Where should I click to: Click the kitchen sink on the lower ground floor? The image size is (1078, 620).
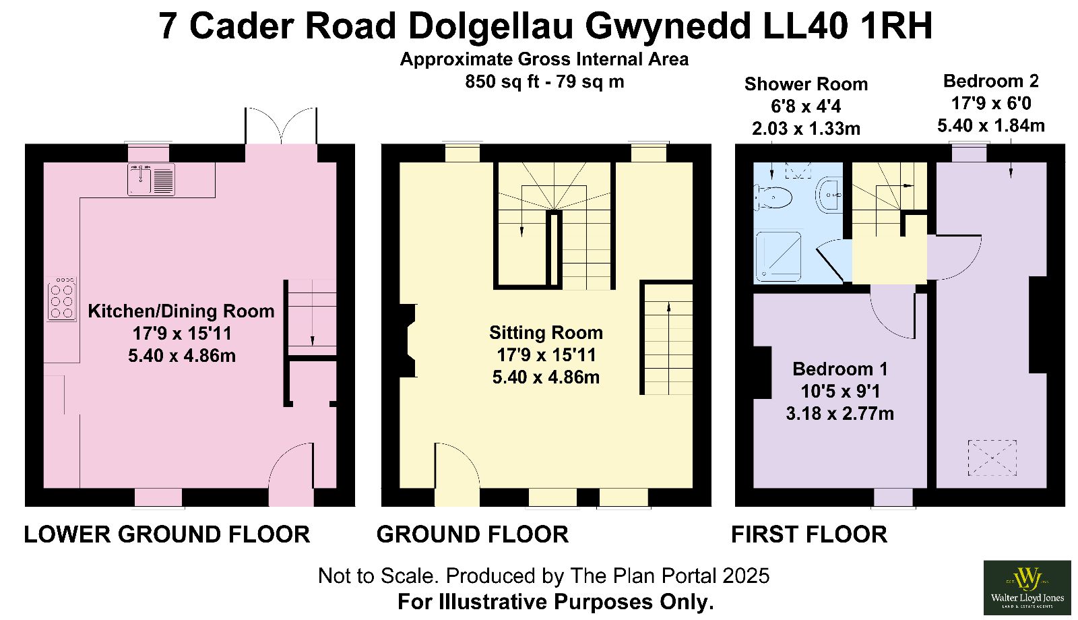[x=151, y=179]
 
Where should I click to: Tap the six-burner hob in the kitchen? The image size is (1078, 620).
[x=61, y=299]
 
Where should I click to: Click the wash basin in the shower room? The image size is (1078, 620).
[x=829, y=195]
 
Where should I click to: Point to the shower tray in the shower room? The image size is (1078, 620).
[x=778, y=257]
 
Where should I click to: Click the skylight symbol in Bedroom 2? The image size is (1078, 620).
[x=992, y=458]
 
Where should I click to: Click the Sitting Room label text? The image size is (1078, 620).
[x=546, y=333]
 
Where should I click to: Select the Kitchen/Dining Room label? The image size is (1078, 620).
[x=181, y=311]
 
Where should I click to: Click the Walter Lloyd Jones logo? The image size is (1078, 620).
[x=1027, y=587]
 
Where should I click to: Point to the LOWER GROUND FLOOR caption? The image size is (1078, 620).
[x=167, y=534]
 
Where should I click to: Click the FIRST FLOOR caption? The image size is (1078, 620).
[x=809, y=534]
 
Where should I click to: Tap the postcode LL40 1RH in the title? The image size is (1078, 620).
[x=848, y=26]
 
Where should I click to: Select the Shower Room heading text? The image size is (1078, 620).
[x=806, y=84]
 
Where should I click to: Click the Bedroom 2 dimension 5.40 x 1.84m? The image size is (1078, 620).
[x=991, y=125]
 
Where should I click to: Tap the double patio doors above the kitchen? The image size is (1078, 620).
[x=281, y=125]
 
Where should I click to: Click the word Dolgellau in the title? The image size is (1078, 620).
[x=490, y=26]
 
